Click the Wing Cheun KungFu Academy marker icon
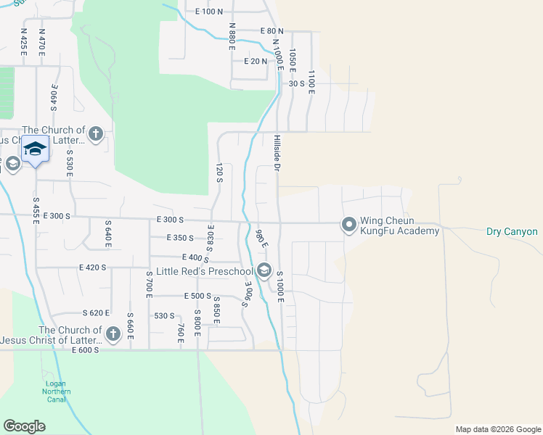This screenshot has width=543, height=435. click(x=349, y=226)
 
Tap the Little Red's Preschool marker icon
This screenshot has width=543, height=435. click(x=264, y=272)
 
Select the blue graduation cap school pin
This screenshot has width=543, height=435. click(x=35, y=149)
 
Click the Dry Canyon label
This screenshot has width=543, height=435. click(x=512, y=232)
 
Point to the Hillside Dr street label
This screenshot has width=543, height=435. click(x=277, y=152)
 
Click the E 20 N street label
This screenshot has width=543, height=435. click(x=256, y=62)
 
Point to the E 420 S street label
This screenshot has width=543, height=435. click(x=93, y=268)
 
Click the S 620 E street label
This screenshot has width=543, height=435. click(x=95, y=313)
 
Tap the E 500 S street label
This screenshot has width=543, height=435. click(x=197, y=297)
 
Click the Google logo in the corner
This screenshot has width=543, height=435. click(x=24, y=426)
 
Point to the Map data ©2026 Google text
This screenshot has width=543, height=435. click(x=497, y=429)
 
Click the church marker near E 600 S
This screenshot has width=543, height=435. click(x=113, y=334)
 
